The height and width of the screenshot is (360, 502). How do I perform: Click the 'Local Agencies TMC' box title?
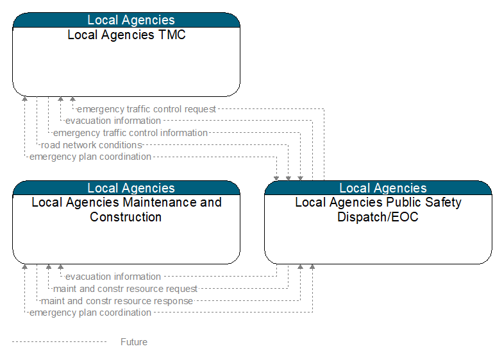(x=126, y=35)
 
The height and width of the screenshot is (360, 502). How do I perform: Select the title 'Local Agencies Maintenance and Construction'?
(x=126, y=210)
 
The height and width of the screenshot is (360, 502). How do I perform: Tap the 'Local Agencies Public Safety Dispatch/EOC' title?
(x=378, y=210)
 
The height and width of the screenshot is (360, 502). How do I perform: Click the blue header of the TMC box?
(x=126, y=20)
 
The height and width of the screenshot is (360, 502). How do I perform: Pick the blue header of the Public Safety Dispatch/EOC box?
(x=378, y=188)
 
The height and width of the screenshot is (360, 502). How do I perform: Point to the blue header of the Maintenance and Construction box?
(x=126, y=188)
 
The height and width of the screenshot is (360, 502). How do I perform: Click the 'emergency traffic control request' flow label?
(x=146, y=109)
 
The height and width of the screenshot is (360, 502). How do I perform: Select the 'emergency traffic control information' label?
(x=130, y=133)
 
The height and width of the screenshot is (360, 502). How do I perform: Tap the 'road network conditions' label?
(x=92, y=145)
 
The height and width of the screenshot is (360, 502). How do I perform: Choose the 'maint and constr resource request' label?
(x=125, y=289)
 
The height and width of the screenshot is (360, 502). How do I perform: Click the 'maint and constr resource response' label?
(x=117, y=301)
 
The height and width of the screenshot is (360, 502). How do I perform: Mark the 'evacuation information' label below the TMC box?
(x=113, y=121)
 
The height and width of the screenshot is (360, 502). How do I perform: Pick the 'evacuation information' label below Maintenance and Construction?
(x=113, y=277)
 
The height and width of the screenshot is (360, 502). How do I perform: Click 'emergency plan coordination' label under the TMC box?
(x=90, y=157)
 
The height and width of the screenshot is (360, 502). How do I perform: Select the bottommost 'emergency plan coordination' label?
(x=90, y=313)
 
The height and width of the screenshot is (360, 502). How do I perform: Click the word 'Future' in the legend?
(x=134, y=342)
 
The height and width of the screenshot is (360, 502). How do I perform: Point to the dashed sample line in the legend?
(x=59, y=342)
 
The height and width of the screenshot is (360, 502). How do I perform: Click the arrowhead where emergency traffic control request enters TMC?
(x=72, y=99)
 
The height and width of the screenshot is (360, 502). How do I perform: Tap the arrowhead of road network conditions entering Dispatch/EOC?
(x=288, y=178)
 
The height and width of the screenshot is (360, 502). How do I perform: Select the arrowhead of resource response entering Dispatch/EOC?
(x=300, y=267)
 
